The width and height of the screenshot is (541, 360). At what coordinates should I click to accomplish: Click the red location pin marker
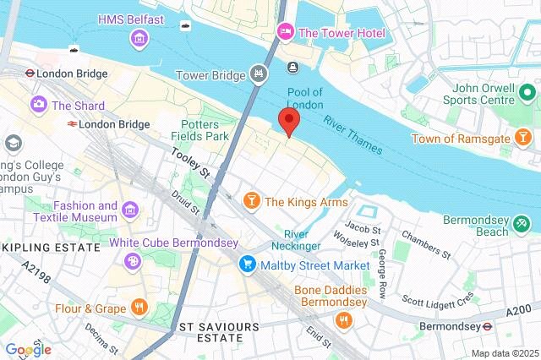289,121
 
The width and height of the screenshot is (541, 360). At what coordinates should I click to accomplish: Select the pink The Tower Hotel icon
285,33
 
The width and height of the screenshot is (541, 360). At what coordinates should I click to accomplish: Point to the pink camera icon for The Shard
38,106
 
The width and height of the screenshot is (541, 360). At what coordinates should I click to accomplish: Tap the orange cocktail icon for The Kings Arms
250,201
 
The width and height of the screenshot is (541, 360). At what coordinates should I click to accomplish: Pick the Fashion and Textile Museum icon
130,209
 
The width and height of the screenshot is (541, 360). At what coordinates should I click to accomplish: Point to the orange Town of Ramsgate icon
524,136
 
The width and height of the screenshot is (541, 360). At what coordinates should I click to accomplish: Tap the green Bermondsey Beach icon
523,223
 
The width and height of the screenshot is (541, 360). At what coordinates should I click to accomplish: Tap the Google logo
28,350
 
